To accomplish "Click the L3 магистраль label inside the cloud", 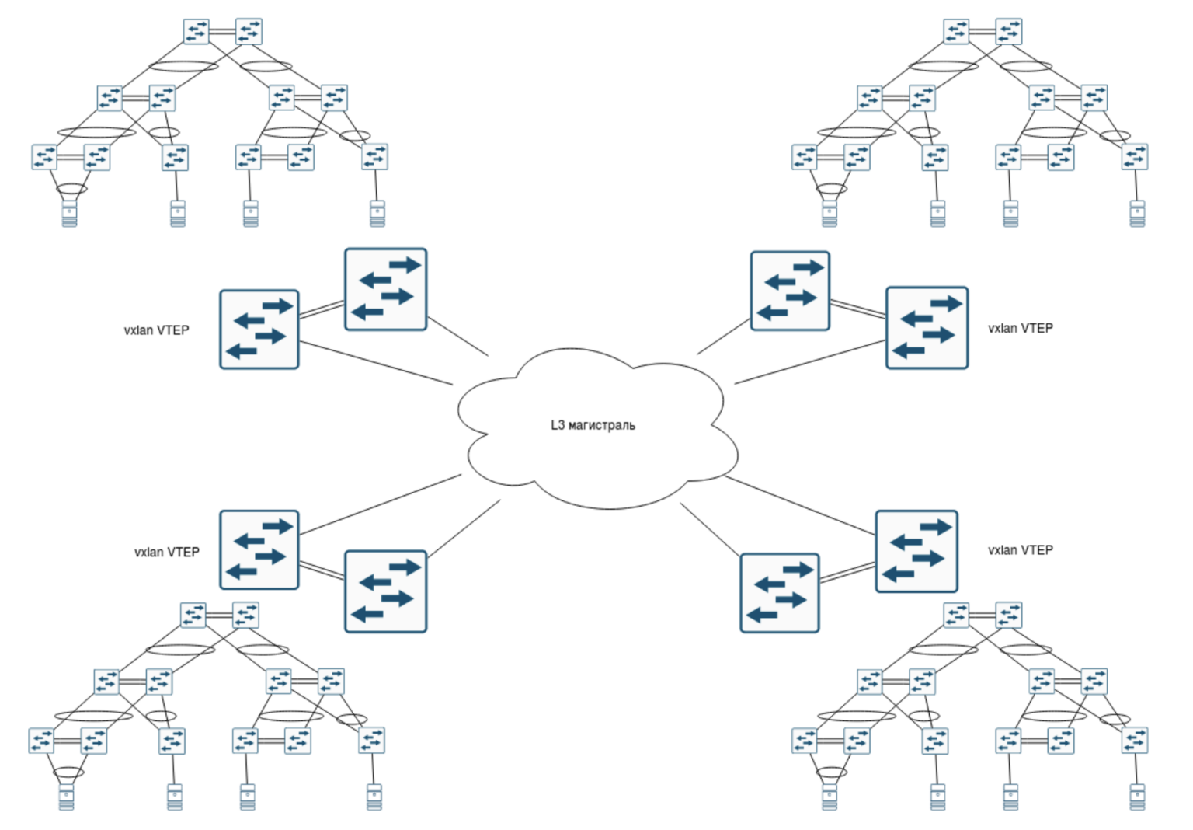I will [x=593, y=425].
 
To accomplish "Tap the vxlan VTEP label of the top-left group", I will [x=156, y=330].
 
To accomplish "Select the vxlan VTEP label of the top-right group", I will [x=1020, y=329].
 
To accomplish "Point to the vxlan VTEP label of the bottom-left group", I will [x=166, y=553].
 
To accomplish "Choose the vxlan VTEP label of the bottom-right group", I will [x=1020, y=550].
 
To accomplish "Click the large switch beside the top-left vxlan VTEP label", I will [x=259, y=330].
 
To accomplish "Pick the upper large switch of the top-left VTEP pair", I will [x=385, y=289].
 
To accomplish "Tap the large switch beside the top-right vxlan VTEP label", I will [x=927, y=327].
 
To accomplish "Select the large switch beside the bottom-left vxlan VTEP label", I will [x=259, y=549].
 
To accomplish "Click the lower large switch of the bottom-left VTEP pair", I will [x=385, y=591].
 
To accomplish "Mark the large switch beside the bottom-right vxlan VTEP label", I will [x=916, y=551].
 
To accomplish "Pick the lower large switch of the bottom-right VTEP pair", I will [x=779, y=593].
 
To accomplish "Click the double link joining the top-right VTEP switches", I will [x=857, y=308].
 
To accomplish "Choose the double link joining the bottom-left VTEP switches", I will [x=322, y=571].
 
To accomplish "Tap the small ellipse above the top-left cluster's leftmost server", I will [x=71, y=188].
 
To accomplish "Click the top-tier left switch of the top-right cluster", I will [x=956, y=32].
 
